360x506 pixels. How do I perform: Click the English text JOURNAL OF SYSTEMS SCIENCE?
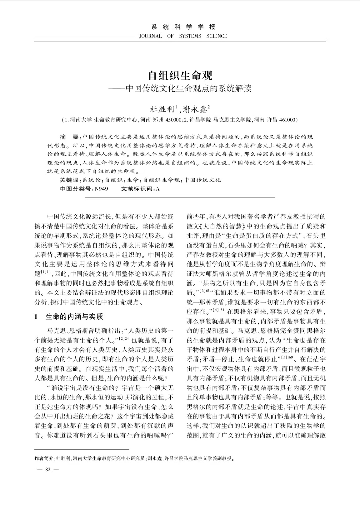[x=183, y=36]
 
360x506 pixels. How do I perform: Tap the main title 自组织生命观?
[x=180, y=75]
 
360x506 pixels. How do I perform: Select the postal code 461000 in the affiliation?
[x=286, y=120]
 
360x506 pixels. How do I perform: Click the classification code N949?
[x=101, y=189]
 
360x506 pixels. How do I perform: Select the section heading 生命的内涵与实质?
[x=74, y=317]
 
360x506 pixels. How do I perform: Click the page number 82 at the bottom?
[x=48, y=469]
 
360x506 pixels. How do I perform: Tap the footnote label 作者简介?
[x=44, y=458]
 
